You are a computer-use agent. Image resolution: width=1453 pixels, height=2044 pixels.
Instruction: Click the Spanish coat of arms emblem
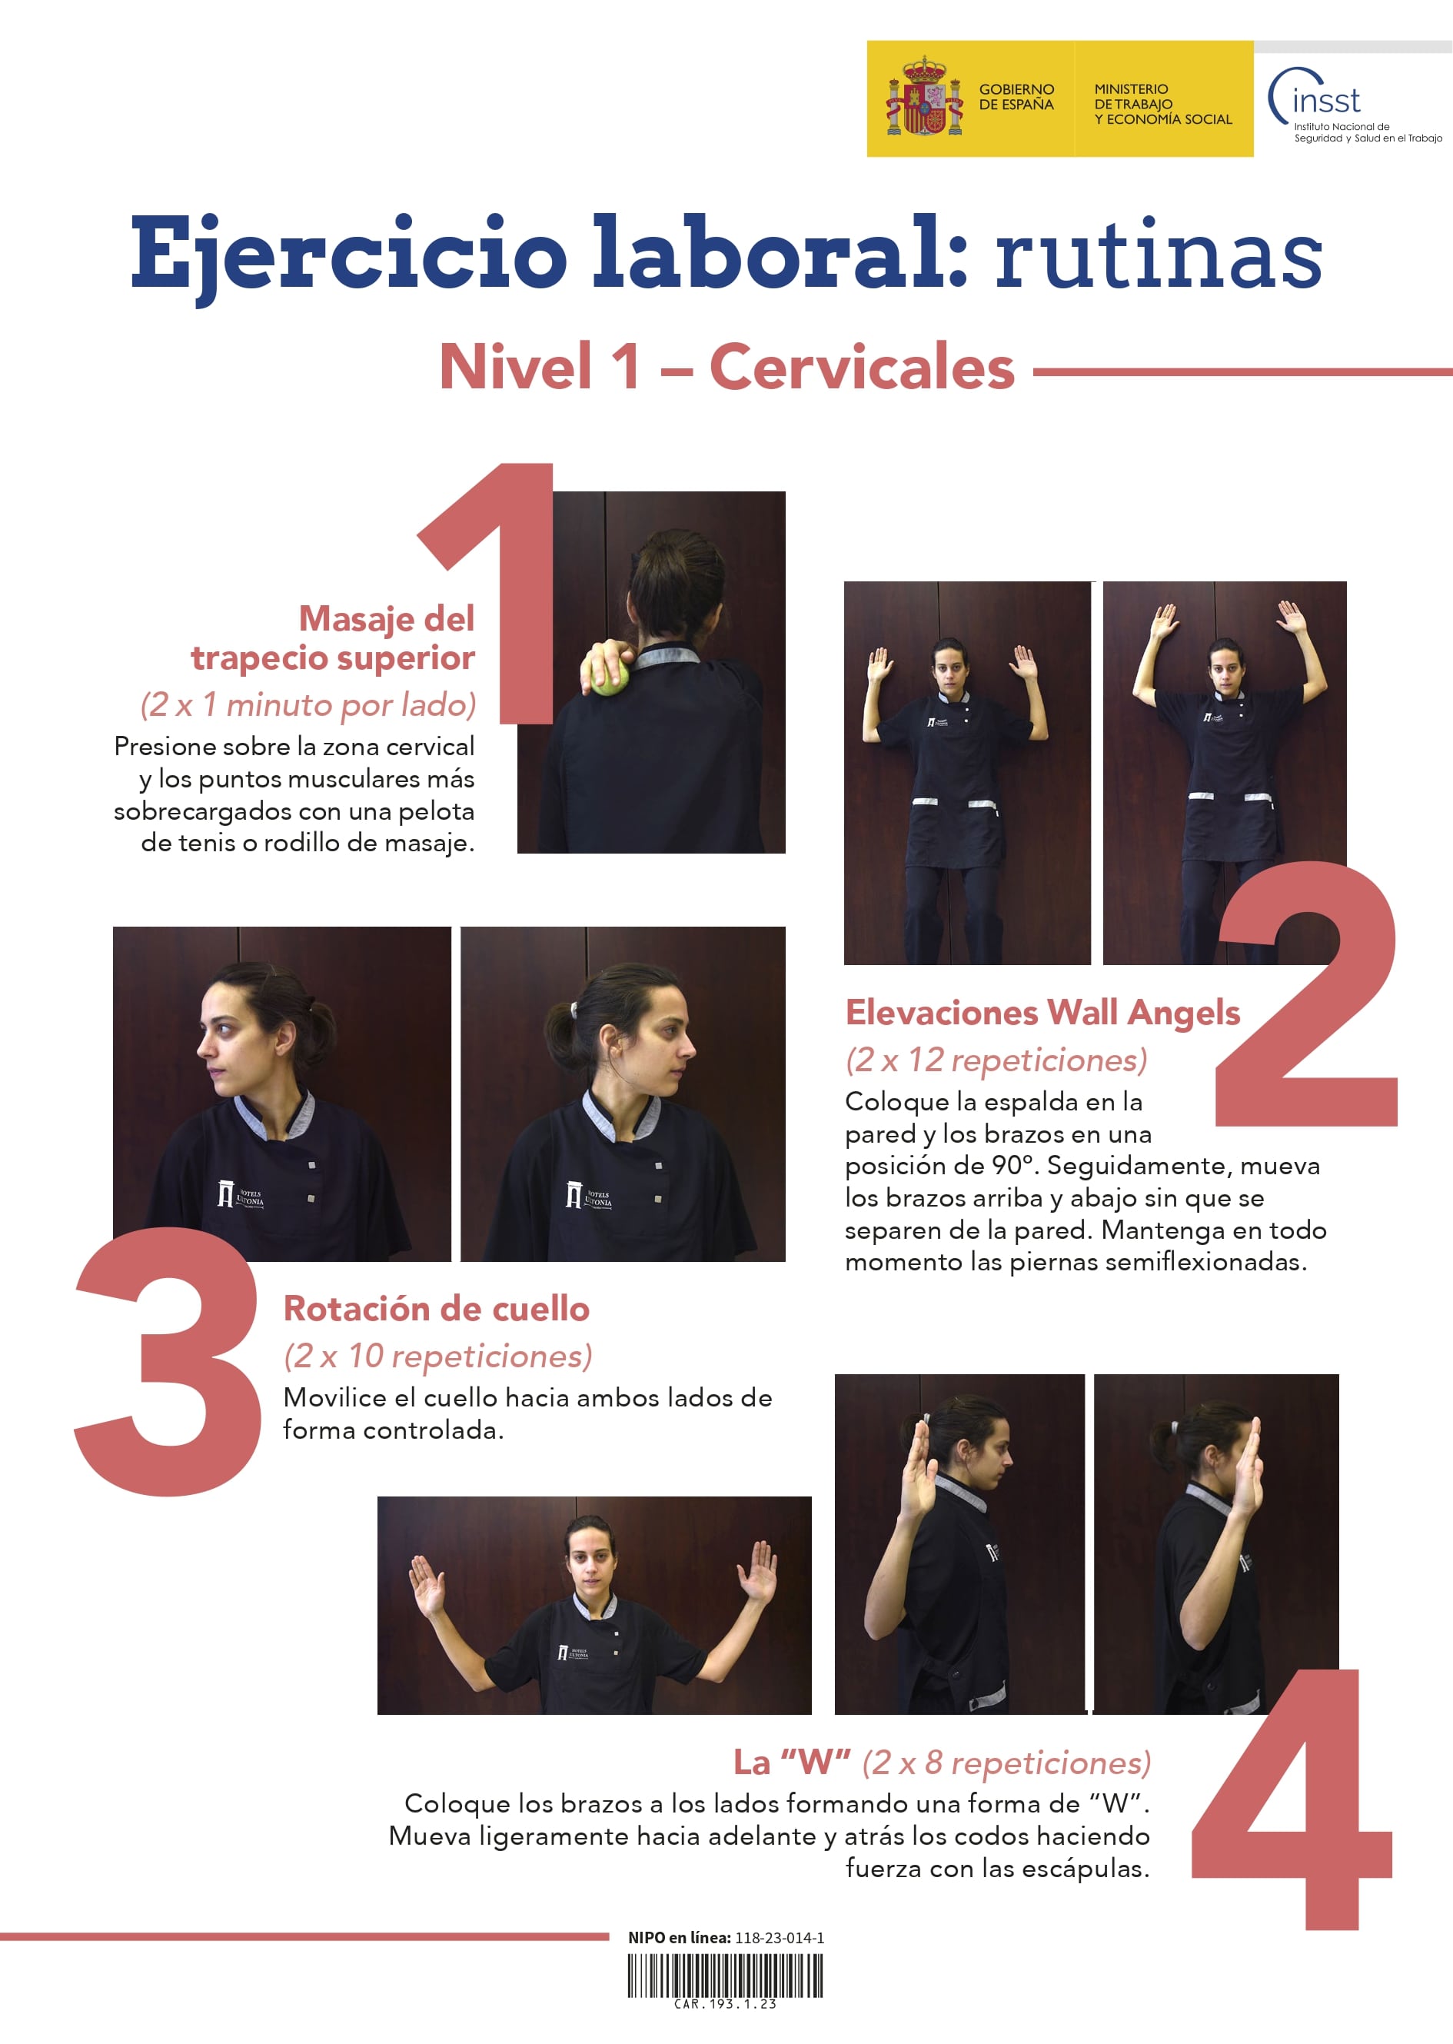924,98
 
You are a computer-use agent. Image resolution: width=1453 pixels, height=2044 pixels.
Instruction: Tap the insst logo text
1326,99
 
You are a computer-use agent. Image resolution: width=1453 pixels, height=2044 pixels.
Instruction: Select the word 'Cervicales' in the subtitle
862,367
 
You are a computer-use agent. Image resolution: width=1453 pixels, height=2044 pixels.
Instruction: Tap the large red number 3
168,1361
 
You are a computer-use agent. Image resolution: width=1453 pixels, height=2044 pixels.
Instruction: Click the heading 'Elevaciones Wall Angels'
1042,1012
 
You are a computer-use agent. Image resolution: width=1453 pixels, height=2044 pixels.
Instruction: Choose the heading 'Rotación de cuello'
437,1308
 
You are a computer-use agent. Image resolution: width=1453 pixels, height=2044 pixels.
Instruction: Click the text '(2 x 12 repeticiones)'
996,1060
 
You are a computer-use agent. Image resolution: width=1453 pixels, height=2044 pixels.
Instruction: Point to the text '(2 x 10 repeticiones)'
437,1356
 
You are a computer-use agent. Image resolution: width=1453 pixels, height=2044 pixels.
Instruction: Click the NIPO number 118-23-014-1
780,1938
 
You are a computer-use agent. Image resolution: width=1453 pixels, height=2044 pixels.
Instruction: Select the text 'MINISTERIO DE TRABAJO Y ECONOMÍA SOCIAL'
1162,104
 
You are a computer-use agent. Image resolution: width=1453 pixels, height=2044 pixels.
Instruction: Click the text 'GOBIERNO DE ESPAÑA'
1016,97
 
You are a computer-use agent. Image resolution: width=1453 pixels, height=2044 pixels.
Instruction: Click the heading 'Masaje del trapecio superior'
333,638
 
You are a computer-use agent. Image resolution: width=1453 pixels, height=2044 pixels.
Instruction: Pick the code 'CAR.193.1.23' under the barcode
725,2005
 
